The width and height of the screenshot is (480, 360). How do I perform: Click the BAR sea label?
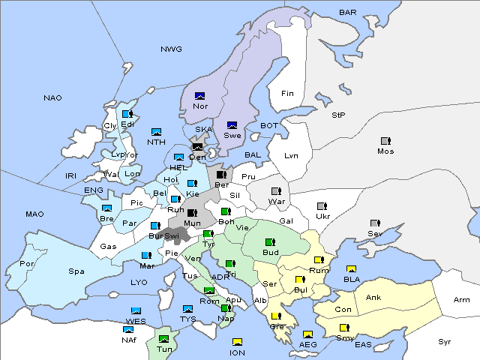[x=348, y=13]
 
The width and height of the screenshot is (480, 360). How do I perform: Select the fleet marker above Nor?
[x=199, y=96]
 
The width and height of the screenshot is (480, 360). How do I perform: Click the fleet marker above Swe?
[x=232, y=125]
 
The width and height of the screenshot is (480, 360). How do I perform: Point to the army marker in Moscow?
[x=385, y=141]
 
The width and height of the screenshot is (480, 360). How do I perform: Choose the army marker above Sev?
[x=375, y=223]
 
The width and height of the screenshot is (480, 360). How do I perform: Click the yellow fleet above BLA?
[x=351, y=269]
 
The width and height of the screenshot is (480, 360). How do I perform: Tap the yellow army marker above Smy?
[x=344, y=328]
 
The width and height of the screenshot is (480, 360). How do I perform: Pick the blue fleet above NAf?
[x=129, y=329]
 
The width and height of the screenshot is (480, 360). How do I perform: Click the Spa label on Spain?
[x=76, y=271]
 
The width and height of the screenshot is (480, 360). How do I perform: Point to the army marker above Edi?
[x=127, y=114]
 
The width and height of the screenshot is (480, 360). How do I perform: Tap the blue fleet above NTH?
[x=156, y=132]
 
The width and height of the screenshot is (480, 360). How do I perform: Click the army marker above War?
[x=275, y=190]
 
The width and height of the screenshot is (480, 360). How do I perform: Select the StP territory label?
[x=338, y=115]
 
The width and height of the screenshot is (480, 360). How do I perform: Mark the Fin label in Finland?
[x=286, y=93]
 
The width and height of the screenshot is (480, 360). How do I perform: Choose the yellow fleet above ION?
[x=238, y=343]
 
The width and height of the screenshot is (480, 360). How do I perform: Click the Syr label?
[x=445, y=341]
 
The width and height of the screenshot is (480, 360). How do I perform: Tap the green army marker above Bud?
[x=269, y=242]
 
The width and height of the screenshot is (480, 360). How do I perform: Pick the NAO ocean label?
[x=52, y=97]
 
